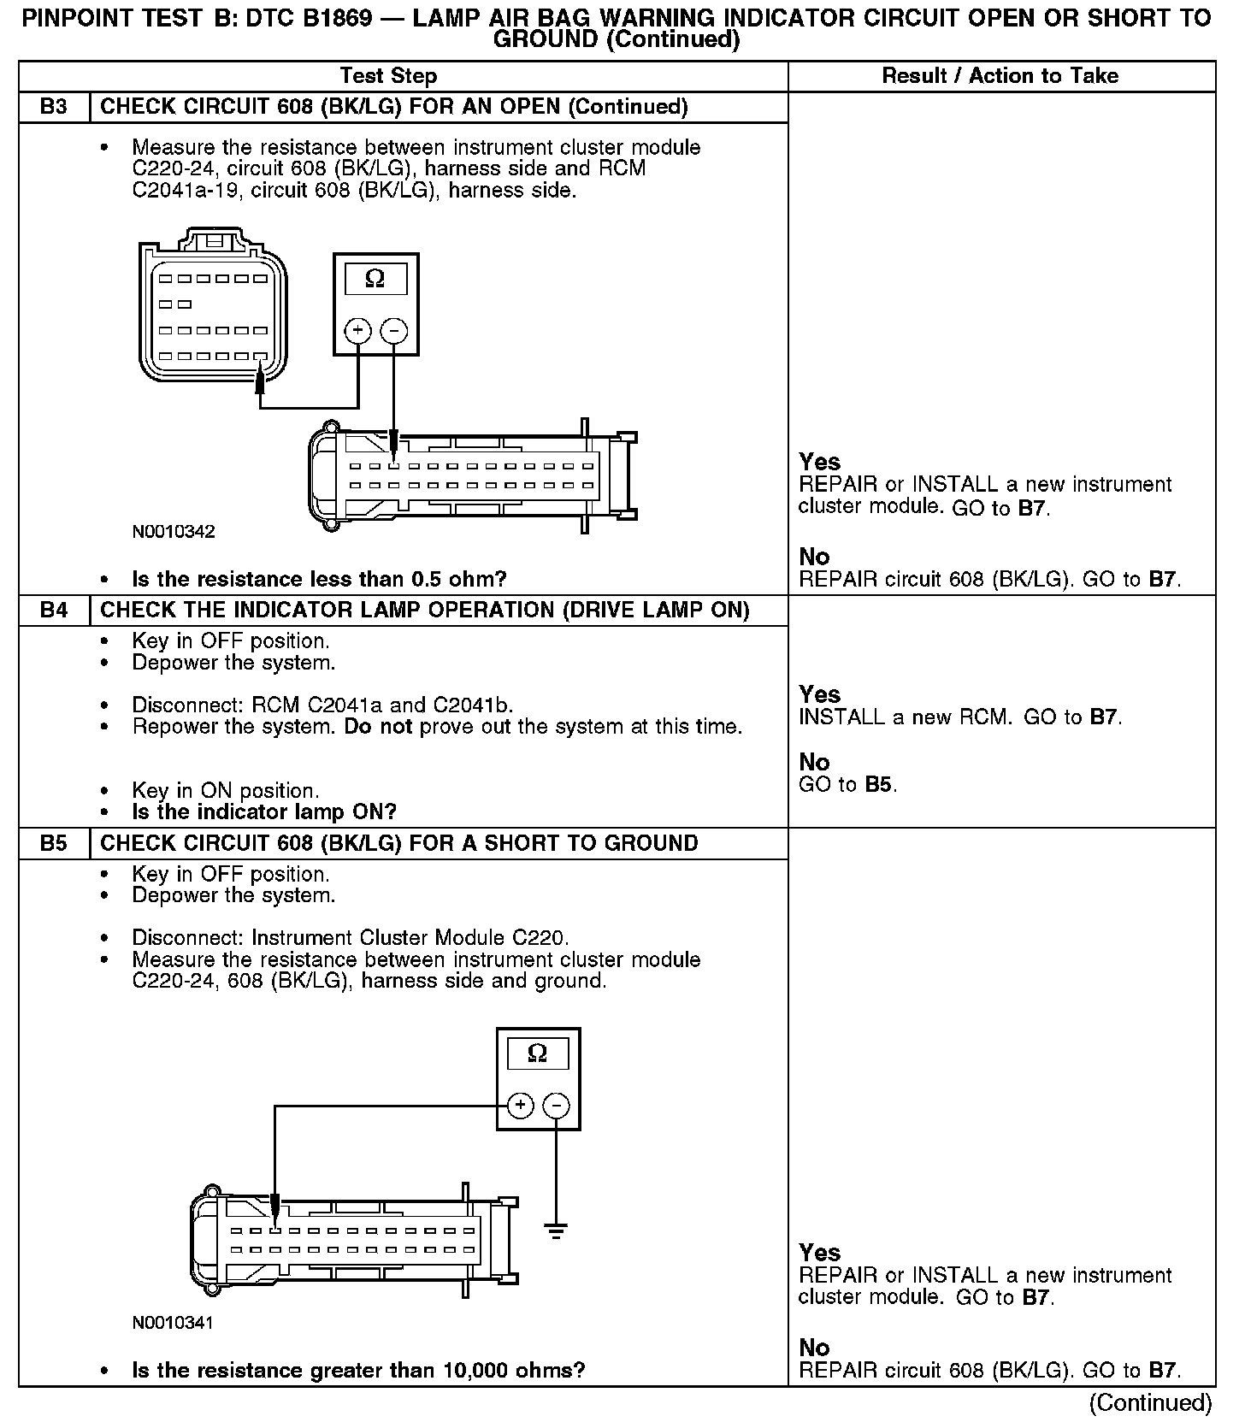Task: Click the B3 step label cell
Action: (x=54, y=107)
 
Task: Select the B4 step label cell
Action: (x=54, y=611)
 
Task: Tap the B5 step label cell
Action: (x=54, y=843)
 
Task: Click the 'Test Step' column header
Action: (x=388, y=76)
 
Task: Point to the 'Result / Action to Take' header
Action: (x=1000, y=76)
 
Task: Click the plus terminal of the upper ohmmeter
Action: (x=357, y=331)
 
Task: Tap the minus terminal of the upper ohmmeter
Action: (x=393, y=331)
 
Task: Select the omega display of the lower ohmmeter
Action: (x=538, y=1053)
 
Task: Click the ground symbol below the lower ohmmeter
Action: (x=556, y=1232)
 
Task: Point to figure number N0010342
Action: (x=174, y=532)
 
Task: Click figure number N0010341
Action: (x=174, y=1323)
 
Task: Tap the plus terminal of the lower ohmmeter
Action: (x=520, y=1106)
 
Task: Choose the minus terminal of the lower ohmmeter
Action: (x=556, y=1106)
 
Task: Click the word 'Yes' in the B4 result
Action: (x=819, y=694)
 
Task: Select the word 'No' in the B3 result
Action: (x=814, y=558)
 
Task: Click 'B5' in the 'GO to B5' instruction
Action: (x=879, y=785)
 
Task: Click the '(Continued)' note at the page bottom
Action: (x=1150, y=1402)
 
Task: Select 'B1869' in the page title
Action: (x=330, y=19)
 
